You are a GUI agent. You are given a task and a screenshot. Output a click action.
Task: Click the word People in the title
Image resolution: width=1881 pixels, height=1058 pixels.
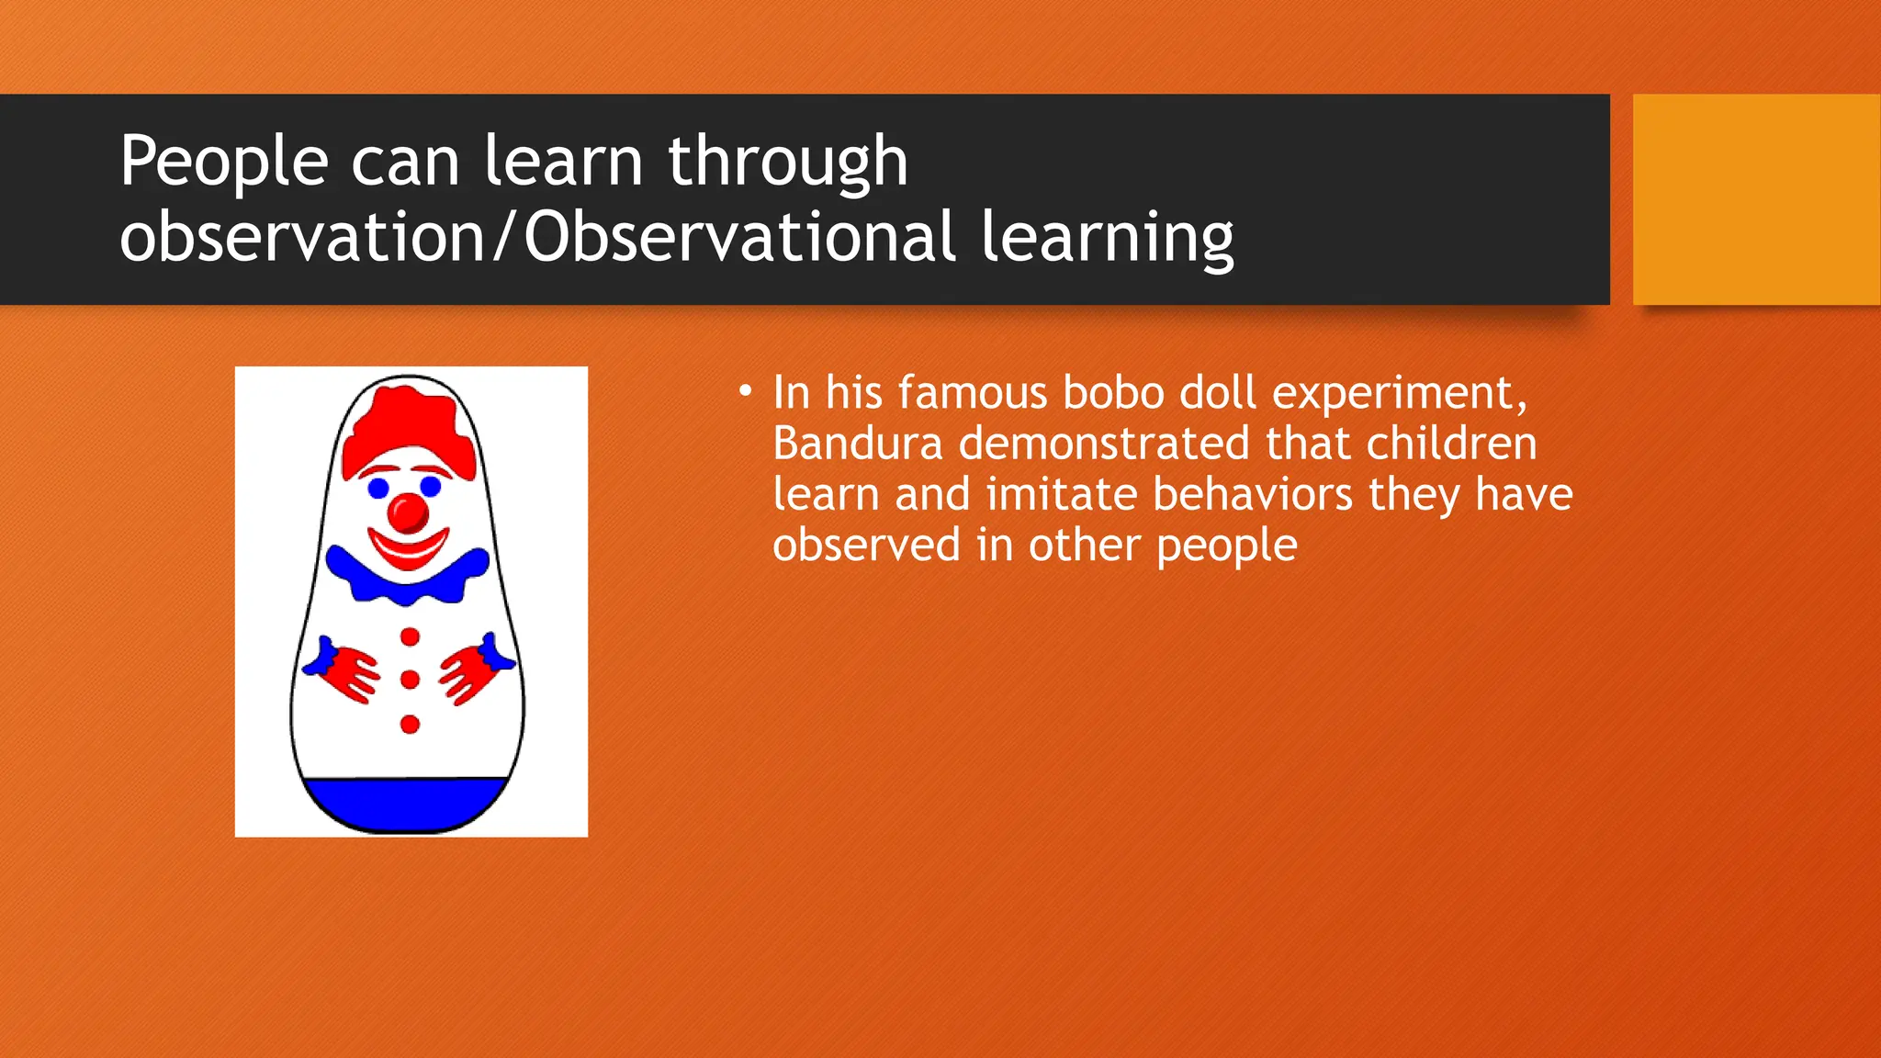pyautogui.click(x=223, y=163)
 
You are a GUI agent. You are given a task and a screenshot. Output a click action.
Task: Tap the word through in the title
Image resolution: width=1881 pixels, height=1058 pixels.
pyautogui.click(x=787, y=163)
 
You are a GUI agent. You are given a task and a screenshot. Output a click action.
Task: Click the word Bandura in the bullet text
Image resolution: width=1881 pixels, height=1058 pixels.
pyautogui.click(x=857, y=444)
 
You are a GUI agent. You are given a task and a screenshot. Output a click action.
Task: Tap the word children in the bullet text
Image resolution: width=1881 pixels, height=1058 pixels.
pyautogui.click(x=1451, y=444)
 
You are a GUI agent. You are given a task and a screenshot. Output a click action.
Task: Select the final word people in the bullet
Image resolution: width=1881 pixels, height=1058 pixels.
pyautogui.click(x=1226, y=546)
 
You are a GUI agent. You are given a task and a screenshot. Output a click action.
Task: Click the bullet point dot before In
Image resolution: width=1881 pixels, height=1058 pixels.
pyautogui.click(x=745, y=392)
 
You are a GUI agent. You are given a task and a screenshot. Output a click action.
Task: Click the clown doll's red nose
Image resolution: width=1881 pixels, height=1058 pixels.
pyautogui.click(x=408, y=512)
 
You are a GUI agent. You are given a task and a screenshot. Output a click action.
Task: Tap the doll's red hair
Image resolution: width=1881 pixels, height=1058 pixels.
pyautogui.click(x=408, y=427)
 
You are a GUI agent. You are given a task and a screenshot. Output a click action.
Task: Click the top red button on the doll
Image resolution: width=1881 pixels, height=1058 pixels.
pyautogui.click(x=410, y=636)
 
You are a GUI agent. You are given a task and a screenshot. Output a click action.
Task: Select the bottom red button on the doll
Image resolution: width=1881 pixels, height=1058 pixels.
pyautogui.click(x=410, y=725)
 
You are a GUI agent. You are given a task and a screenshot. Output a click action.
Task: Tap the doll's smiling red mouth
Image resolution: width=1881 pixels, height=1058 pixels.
pyautogui.click(x=408, y=549)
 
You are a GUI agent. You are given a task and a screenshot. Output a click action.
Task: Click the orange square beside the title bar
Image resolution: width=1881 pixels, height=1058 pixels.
pyautogui.click(x=1756, y=199)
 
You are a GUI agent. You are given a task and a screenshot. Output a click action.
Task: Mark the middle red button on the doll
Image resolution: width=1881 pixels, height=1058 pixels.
pyautogui.click(x=410, y=680)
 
